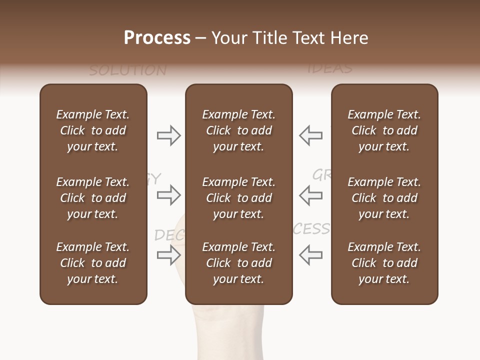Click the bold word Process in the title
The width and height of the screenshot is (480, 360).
[157, 38]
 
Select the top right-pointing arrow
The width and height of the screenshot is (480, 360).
[168, 135]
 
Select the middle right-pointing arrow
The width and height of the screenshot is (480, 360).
[168, 195]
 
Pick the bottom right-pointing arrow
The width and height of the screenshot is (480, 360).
[168, 255]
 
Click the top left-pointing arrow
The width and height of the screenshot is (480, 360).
[311, 135]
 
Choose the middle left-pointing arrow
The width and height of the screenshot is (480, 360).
[311, 195]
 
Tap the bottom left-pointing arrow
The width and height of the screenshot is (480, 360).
[311, 255]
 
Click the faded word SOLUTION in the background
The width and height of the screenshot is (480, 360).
[128, 70]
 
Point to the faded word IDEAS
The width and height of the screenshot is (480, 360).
[330, 68]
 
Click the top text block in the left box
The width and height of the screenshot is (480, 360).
[93, 130]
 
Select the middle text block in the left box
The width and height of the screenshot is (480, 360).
[93, 198]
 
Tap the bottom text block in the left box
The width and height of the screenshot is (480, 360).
[93, 263]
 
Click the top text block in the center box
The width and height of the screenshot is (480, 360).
[239, 130]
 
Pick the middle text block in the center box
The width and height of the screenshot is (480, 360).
[239, 198]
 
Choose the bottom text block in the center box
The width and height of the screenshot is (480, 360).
[239, 263]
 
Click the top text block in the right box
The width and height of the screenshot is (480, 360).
[384, 130]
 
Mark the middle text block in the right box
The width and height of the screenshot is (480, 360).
[384, 198]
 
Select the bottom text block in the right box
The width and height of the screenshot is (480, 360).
[384, 263]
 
